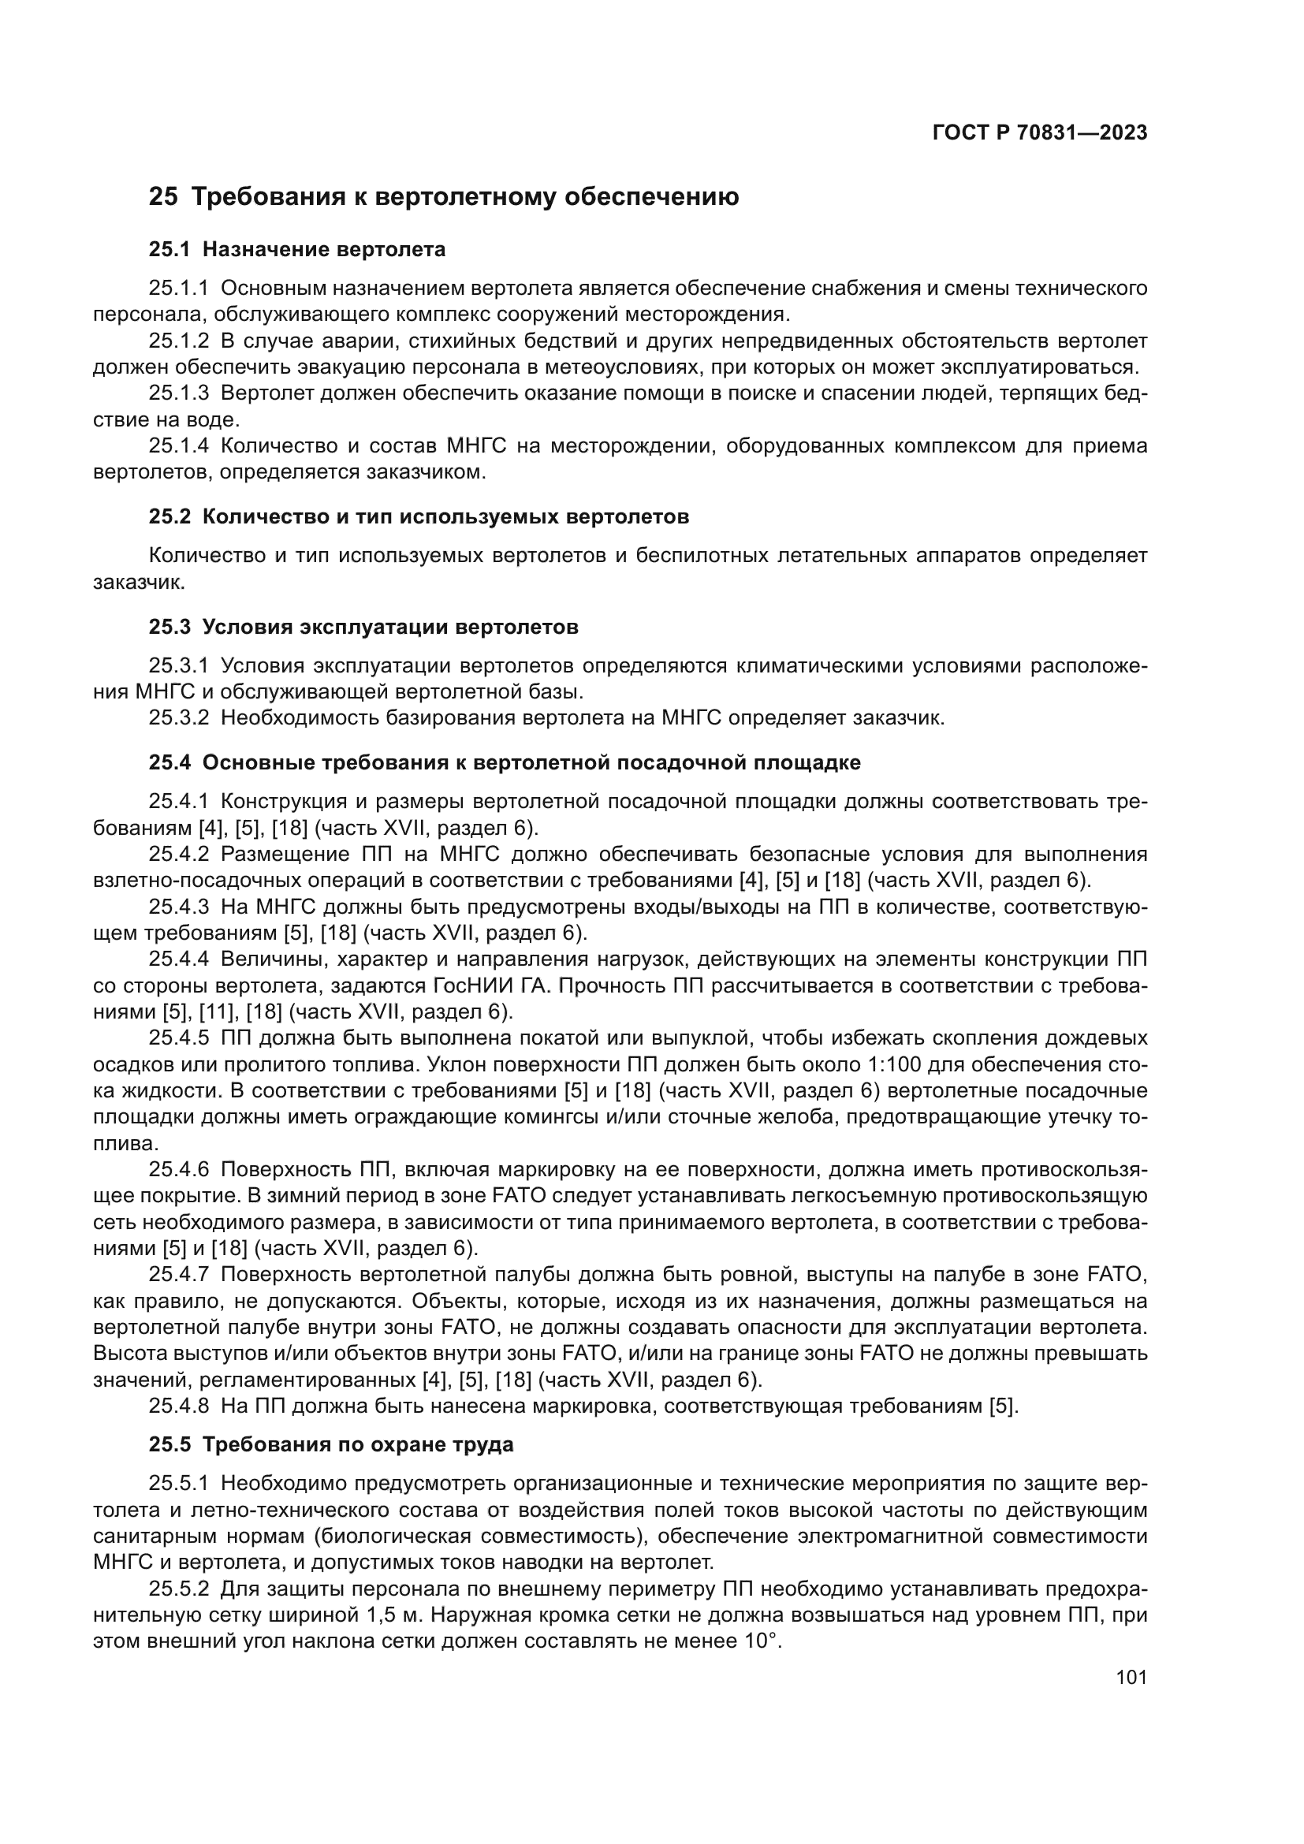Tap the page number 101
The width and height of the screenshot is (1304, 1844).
1131,1677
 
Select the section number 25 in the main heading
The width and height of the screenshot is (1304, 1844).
163,197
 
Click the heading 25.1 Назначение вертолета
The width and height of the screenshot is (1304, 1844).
297,250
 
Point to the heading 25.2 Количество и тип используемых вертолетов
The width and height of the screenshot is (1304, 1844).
419,517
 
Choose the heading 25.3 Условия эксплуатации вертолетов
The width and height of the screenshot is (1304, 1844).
363,628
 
